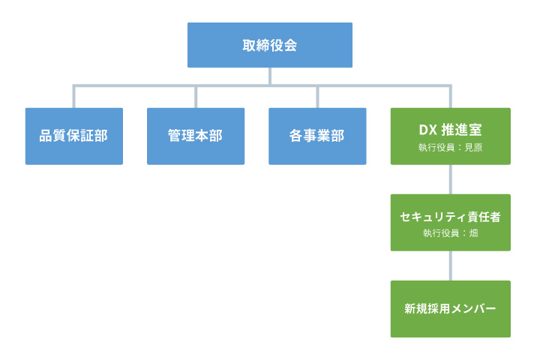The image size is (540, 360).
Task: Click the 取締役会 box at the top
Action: coord(270,45)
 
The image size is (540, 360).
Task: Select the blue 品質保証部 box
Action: coord(73,136)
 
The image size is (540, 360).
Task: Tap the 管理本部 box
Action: coord(196,136)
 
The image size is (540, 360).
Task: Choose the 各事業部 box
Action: coord(317,136)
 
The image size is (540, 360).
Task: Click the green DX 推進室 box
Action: coord(450,136)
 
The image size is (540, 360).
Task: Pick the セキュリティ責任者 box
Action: coord(450,223)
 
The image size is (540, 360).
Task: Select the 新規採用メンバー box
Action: coord(450,309)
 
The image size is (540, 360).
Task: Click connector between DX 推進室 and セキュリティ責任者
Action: coord(450,179)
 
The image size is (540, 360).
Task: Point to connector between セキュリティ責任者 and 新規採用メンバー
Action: coord(450,265)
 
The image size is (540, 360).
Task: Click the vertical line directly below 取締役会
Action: coord(270,76)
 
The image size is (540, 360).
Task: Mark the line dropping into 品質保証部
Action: coord(73,97)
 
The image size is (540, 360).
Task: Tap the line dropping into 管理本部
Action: coord(196,97)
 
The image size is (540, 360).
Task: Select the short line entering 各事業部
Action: coord(317,97)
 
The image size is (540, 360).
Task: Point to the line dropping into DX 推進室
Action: coord(450,97)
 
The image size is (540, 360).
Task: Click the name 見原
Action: coord(473,148)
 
